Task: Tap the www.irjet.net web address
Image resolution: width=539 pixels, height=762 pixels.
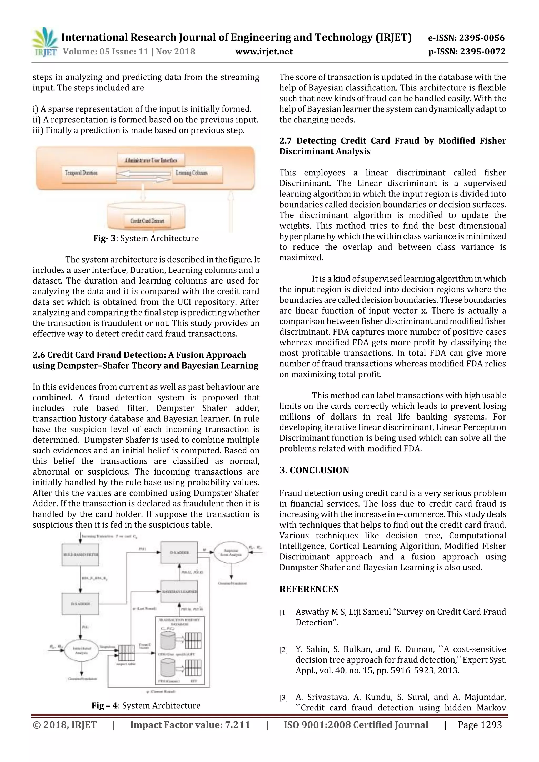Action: coord(264,52)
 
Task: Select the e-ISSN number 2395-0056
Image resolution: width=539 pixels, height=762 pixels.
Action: coord(482,38)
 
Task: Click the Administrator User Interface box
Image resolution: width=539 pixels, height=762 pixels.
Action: coord(151,160)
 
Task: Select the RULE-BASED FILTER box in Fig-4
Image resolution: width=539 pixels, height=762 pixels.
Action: coord(80,554)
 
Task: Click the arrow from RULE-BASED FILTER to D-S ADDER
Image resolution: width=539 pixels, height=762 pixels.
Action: coord(80,579)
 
